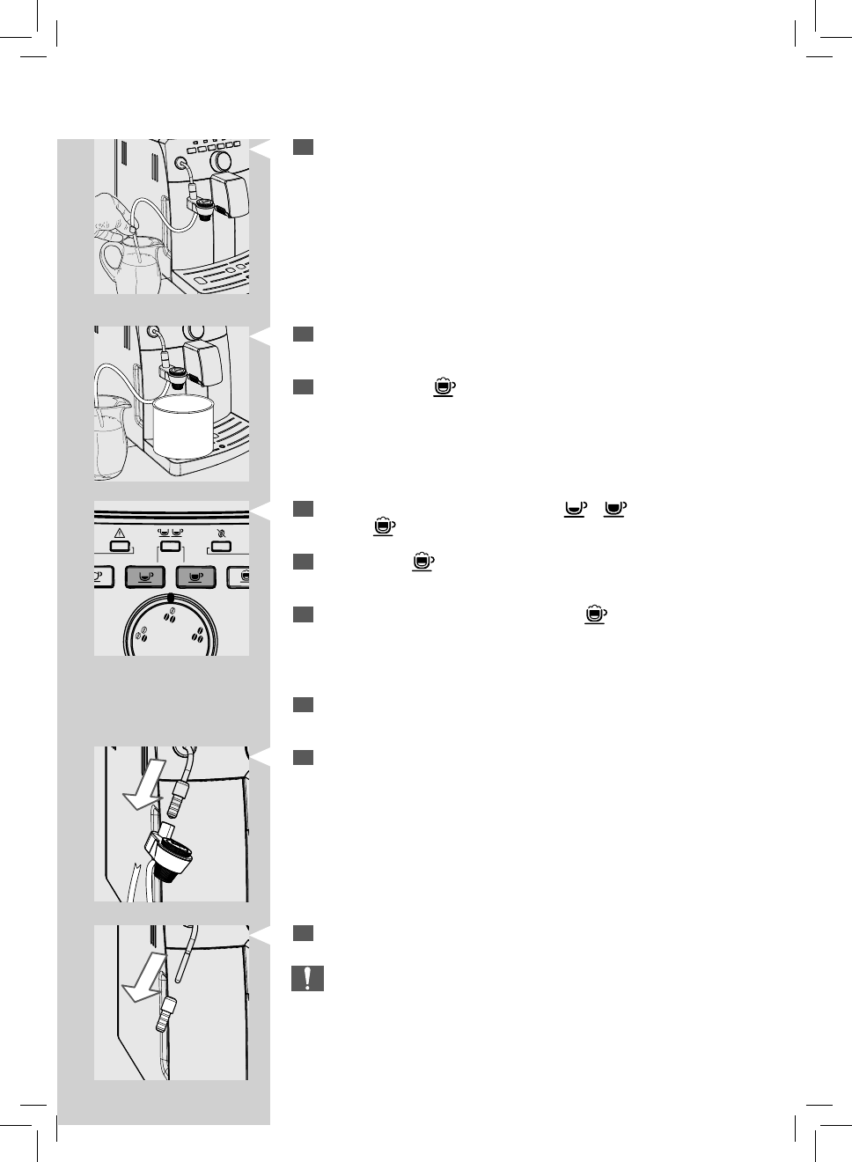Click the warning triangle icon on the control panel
pos(120,533)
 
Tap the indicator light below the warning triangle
pos(120,547)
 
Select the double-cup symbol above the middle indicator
pos(170,533)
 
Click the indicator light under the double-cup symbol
pos(170,547)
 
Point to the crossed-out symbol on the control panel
pos(220,533)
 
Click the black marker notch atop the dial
pos(170,598)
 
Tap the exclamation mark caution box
pos(307,978)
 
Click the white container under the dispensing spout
pos(183,426)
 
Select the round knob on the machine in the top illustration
pos(221,160)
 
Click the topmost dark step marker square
pos(303,147)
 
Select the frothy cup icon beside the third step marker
pos(444,386)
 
